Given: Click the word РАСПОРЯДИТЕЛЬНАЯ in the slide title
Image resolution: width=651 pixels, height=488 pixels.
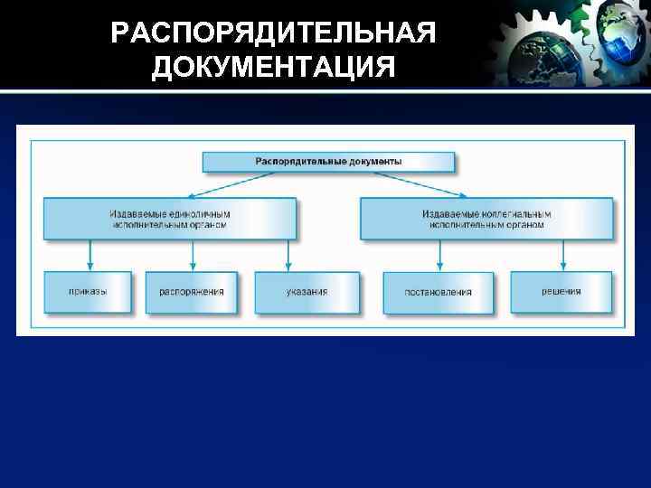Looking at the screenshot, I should tap(273, 33).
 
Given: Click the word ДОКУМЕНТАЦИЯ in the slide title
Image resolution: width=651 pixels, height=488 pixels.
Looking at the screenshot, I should tap(273, 68).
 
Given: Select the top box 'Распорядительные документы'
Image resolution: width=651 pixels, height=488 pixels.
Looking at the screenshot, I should tap(328, 162).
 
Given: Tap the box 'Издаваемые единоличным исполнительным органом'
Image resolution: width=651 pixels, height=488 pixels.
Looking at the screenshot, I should tap(170, 219).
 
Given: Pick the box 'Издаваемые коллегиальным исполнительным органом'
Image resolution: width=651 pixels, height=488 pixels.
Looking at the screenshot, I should tap(486, 219).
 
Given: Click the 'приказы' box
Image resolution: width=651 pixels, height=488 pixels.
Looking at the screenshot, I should tap(88, 292).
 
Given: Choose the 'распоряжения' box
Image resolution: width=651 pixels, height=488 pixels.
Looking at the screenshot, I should tap(191, 292).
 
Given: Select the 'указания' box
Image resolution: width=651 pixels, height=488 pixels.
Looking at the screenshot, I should tap(307, 292).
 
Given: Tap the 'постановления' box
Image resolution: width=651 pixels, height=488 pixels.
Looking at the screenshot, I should tap(439, 293).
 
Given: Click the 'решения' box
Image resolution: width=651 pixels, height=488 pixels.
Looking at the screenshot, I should tap(561, 292).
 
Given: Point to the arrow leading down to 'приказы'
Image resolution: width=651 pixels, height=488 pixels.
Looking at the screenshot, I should tap(89, 255).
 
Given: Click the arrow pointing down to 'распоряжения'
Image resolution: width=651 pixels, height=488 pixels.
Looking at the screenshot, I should tap(191, 255).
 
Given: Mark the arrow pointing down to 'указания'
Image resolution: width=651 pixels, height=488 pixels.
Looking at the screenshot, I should tap(288, 255).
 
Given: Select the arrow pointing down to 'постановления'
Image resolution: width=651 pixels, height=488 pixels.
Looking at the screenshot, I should tap(439, 255).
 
